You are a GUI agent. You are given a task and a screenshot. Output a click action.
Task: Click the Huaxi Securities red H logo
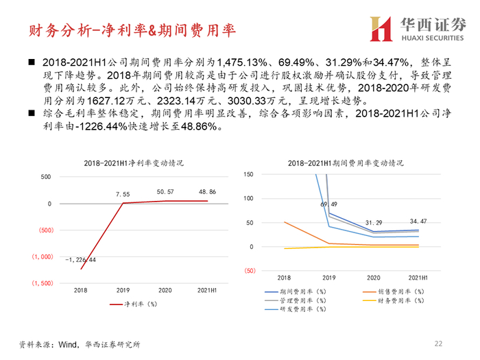click(x=381, y=29)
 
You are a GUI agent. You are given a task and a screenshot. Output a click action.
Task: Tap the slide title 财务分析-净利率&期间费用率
click(x=132, y=30)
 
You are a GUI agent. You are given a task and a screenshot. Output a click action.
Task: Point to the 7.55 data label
click(x=123, y=194)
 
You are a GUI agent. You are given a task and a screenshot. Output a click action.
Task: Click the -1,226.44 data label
click(x=80, y=260)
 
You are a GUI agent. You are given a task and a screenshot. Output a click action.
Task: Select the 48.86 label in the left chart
click(x=207, y=192)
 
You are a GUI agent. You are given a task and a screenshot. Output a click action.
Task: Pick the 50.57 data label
click(x=165, y=192)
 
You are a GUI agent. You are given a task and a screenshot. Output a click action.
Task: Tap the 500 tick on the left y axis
click(x=46, y=177)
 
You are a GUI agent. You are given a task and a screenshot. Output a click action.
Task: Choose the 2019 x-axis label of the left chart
click(x=123, y=290)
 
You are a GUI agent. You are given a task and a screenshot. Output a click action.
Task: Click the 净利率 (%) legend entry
click(x=134, y=304)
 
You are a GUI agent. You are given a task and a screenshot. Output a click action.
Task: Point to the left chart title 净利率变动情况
click(x=134, y=163)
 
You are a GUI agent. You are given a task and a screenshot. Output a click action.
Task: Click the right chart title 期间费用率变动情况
click(x=346, y=163)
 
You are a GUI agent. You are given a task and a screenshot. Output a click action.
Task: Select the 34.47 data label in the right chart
click(x=418, y=221)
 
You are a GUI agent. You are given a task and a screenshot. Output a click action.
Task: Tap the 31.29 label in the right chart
click(x=374, y=223)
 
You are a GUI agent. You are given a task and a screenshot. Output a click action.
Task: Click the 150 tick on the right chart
click(x=248, y=174)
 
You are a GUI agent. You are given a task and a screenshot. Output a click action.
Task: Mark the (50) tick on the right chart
click(x=250, y=271)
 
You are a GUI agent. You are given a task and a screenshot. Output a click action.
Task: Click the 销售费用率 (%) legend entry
click(x=394, y=291)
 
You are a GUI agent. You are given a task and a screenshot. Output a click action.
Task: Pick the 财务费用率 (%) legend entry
click(x=394, y=301)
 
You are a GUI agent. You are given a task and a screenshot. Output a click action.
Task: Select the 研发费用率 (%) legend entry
click(x=296, y=309)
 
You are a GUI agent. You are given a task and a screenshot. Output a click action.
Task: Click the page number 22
click(x=438, y=344)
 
